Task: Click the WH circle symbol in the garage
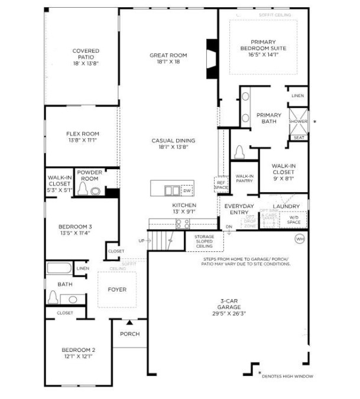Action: pos(299,239)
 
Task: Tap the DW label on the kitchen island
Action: pos(187,191)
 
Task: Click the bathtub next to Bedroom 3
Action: pos(59,268)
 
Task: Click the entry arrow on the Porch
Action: pos(129,322)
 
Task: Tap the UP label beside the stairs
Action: pos(141,241)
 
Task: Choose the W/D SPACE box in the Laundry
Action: pos(293,220)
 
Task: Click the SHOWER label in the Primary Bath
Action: pos(299,121)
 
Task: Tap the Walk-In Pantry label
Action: pos(244,179)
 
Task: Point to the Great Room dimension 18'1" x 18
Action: pos(163,62)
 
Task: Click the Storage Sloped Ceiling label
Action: pos(204,241)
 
